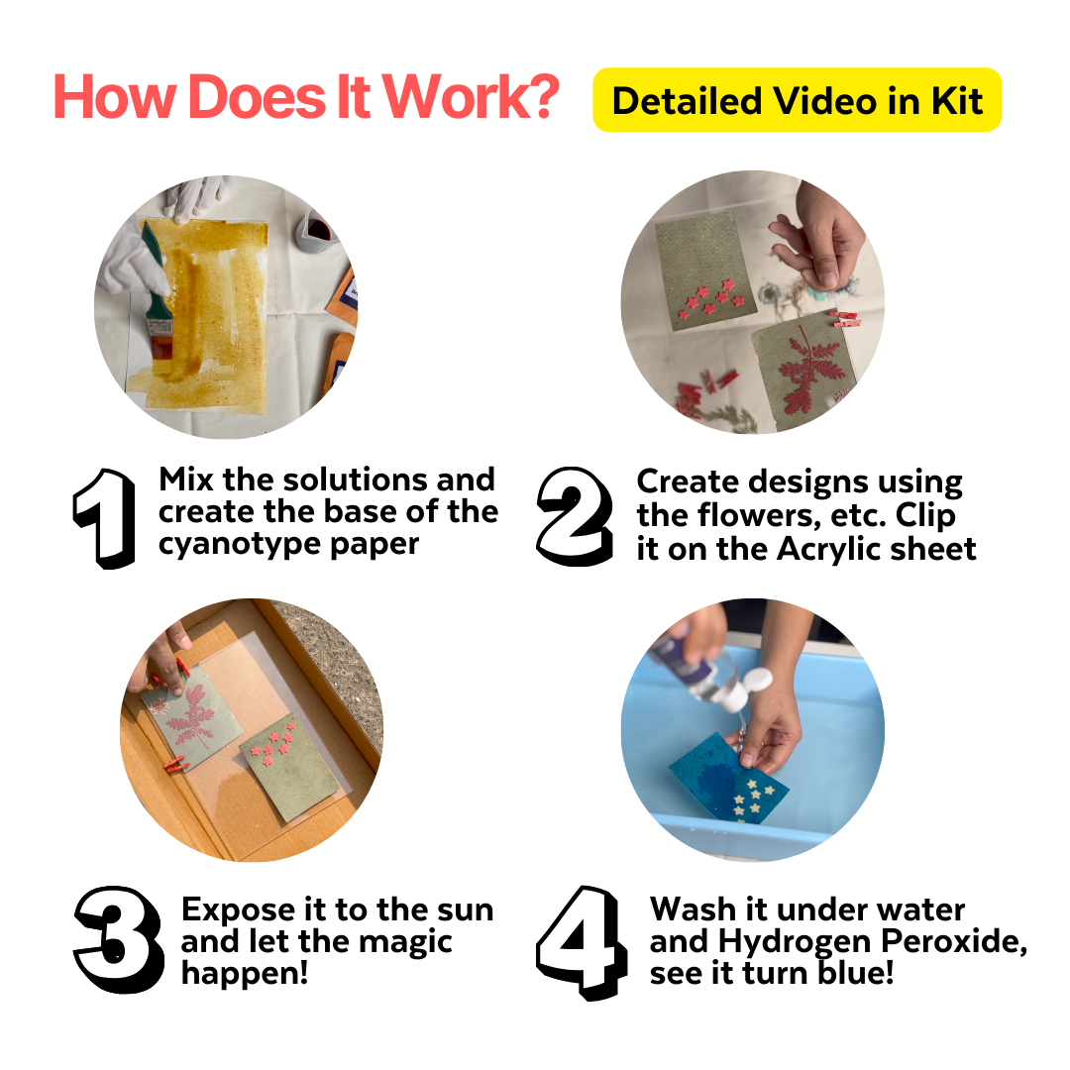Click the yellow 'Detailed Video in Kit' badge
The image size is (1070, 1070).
(x=797, y=100)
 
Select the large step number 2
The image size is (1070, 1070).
(x=574, y=517)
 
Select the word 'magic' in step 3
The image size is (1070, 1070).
(x=404, y=941)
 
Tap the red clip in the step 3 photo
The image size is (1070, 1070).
(x=173, y=765)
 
